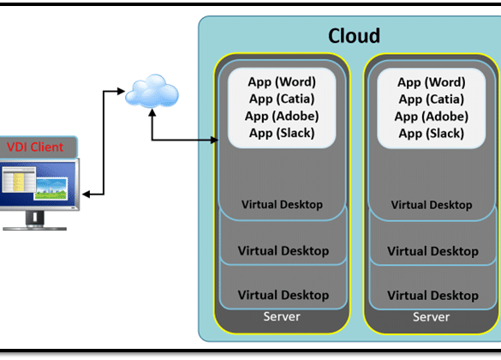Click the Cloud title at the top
354,35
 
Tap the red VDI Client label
35,147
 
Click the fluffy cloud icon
152,91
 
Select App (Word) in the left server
282,81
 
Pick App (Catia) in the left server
282,99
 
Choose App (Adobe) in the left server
282,116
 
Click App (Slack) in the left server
282,133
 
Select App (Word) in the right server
432,82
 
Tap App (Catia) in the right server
432,99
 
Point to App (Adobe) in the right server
432,116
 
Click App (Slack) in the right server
432,133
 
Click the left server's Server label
282,316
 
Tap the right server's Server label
432,317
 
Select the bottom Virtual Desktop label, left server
283,295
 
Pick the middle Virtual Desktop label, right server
433,251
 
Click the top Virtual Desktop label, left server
282,204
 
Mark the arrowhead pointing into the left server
215,140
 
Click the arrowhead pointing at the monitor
86,194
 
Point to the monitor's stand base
34,228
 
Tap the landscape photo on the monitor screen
51,189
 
